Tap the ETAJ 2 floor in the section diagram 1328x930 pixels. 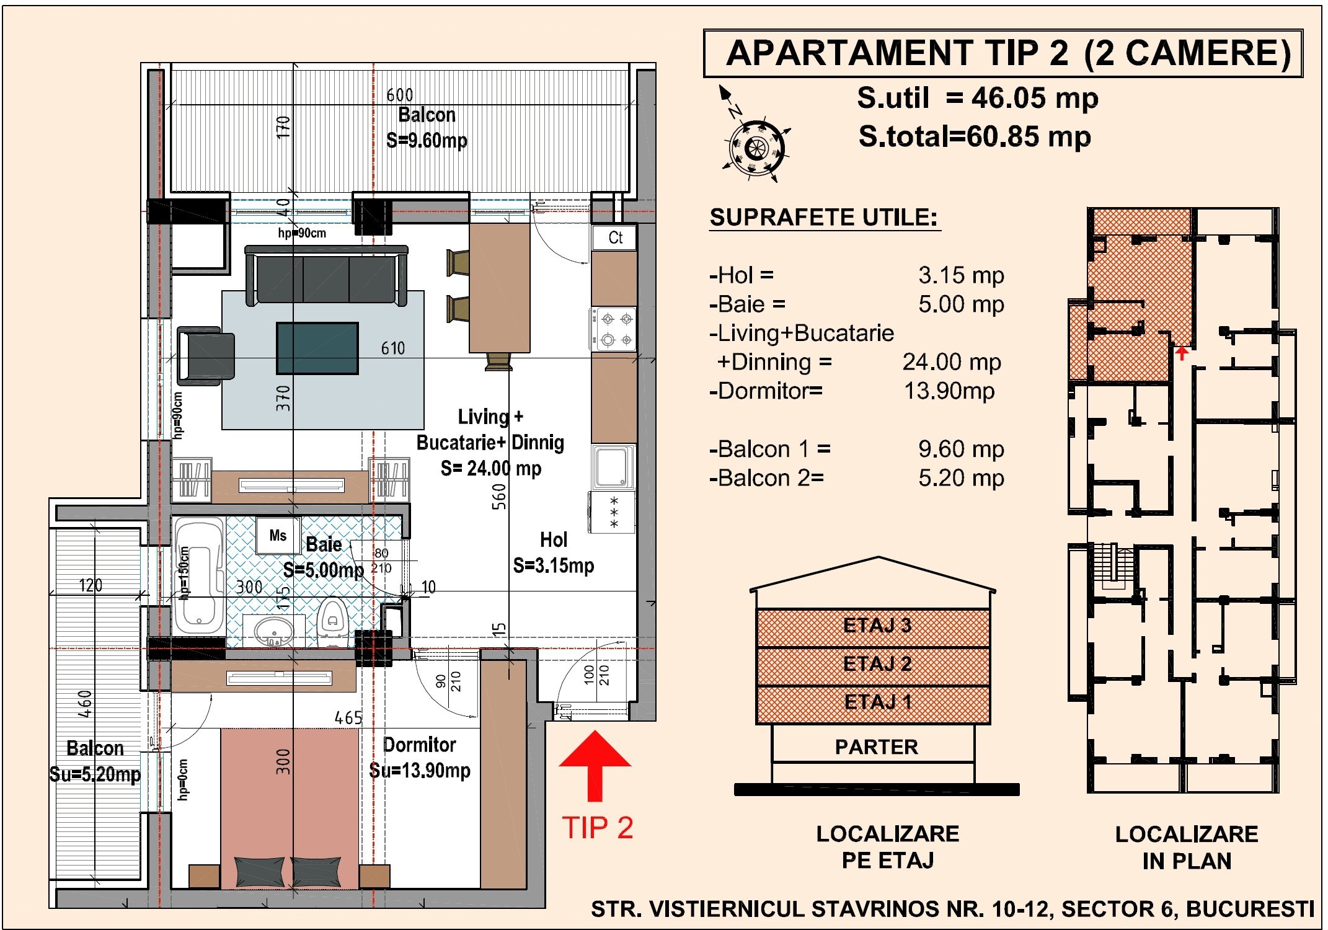(x=873, y=666)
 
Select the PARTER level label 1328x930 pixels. (x=876, y=747)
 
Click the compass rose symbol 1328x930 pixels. (x=756, y=148)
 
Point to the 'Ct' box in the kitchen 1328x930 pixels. (x=614, y=237)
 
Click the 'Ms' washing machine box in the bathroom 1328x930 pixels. (x=278, y=536)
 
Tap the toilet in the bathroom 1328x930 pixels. (x=333, y=621)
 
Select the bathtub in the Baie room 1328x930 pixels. (x=199, y=576)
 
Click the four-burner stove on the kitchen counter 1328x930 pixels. (x=613, y=329)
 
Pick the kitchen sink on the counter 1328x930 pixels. (x=613, y=467)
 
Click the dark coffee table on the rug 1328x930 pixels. (x=317, y=348)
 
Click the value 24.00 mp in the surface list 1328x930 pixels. (x=952, y=362)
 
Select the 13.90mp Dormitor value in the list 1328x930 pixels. (x=949, y=391)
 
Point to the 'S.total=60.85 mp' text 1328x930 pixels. (x=975, y=137)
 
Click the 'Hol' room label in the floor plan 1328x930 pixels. (x=554, y=540)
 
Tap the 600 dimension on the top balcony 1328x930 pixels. (x=400, y=95)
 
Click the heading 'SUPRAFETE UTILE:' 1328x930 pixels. (x=824, y=218)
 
